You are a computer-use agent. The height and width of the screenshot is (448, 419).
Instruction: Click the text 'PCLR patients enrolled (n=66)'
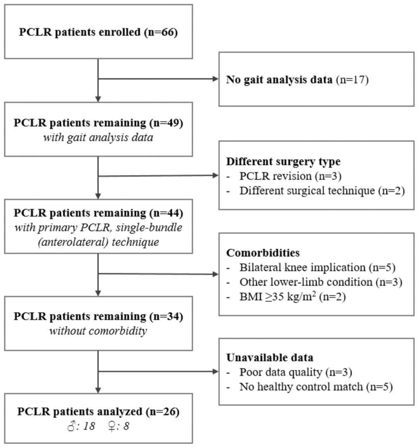click(x=98, y=32)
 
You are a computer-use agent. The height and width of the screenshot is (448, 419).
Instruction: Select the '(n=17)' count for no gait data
click(x=352, y=79)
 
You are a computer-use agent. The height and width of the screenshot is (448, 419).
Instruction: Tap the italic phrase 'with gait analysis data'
click(x=98, y=137)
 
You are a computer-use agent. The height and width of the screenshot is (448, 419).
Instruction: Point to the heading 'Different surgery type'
click(x=283, y=161)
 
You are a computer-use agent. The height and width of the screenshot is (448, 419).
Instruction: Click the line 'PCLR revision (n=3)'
click(x=290, y=176)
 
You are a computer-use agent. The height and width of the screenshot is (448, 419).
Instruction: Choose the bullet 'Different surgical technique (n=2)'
click(x=322, y=190)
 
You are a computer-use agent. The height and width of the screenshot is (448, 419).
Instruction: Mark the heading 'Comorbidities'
click(x=263, y=253)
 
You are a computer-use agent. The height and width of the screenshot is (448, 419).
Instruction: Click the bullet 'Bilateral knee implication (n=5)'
click(x=317, y=267)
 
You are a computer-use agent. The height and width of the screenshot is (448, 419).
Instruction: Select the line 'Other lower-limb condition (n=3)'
click(x=321, y=282)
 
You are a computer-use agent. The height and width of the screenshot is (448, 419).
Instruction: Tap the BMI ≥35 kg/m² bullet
click(x=293, y=296)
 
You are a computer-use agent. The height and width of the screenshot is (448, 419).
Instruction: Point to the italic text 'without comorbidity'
click(x=98, y=331)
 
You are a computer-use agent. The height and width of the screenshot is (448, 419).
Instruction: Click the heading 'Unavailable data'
click(x=269, y=357)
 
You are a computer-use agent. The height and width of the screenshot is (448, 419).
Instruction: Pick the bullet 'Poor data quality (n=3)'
click(x=296, y=372)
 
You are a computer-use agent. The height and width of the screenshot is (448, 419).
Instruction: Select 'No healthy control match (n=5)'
click(x=316, y=387)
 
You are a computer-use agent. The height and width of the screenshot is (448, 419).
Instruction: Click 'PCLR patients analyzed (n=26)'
click(x=98, y=412)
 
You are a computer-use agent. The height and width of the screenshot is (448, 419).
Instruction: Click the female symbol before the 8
click(x=112, y=426)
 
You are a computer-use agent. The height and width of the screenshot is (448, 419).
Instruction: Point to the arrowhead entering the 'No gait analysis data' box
click(x=216, y=79)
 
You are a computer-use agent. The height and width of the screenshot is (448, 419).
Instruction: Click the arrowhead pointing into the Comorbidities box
click(x=216, y=274)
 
